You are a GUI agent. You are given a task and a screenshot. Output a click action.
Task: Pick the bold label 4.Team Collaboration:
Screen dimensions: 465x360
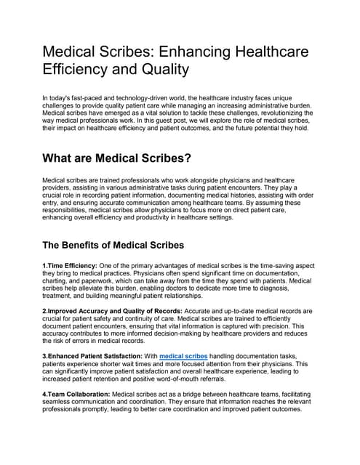tap(76, 393)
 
